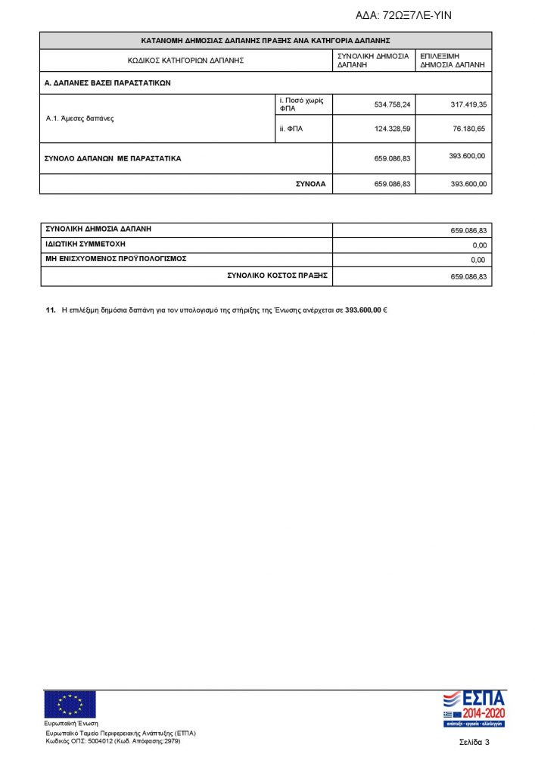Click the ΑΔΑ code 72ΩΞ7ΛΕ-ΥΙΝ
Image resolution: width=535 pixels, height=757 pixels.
[403, 15]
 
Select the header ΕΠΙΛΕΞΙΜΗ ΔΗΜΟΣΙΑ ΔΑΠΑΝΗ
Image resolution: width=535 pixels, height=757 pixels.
[453, 61]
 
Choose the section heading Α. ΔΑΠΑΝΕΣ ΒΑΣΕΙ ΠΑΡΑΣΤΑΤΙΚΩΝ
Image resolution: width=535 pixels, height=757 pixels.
[107, 83]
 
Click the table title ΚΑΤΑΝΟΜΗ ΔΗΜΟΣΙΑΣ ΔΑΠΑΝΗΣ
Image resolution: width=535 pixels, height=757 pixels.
[266, 40]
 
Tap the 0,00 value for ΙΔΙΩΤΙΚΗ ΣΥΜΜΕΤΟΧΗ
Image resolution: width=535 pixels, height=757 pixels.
[477, 245]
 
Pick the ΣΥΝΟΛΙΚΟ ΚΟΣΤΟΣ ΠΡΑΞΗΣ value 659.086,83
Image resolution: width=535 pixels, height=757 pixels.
[468, 277]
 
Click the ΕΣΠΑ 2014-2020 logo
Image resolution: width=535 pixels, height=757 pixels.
[473, 709]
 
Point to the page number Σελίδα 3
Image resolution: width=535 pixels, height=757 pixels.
[474, 741]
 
